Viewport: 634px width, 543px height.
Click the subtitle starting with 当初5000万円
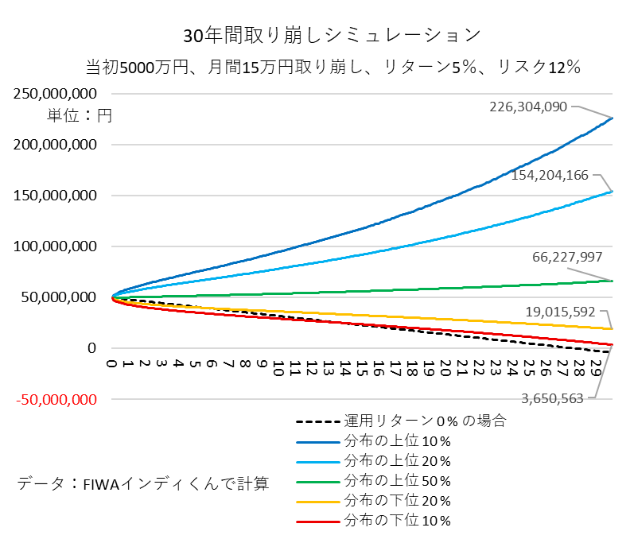[x=332, y=68]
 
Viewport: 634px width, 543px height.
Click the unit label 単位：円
[x=80, y=115]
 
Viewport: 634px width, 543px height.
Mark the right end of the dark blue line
[x=612, y=118]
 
